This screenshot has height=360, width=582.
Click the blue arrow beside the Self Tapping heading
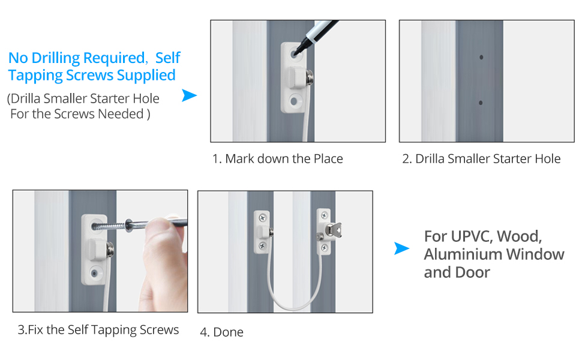tap(189, 95)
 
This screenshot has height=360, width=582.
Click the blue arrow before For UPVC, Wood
tap(401, 248)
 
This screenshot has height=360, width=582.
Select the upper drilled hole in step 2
tap(481, 58)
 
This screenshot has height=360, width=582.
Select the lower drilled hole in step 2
tap(481, 103)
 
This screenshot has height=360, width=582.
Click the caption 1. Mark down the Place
tap(278, 159)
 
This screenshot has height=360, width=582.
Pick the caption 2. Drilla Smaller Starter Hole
tap(481, 159)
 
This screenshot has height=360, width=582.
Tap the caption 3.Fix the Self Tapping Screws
tap(98, 330)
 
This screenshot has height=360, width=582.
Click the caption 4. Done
tap(222, 332)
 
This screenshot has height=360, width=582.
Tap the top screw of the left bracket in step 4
tap(262, 215)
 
